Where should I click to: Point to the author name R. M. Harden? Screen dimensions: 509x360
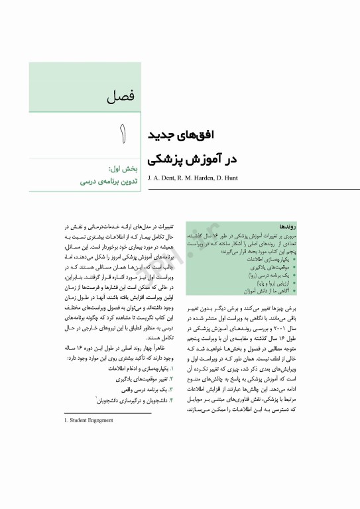(204, 178)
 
